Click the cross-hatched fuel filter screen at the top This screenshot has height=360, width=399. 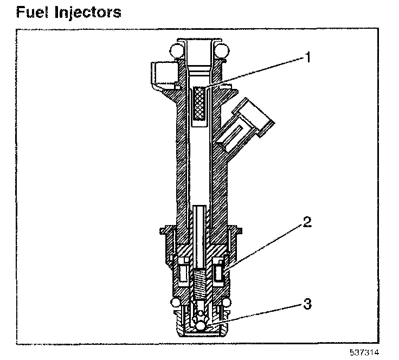coord(199,104)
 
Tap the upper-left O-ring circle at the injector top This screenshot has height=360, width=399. coord(177,50)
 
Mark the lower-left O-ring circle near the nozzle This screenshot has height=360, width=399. coord(176,302)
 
